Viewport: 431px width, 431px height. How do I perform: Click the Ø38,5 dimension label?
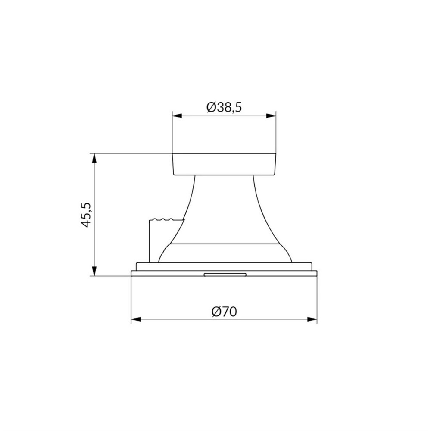tap(224, 107)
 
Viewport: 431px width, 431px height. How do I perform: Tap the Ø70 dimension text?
tap(224, 312)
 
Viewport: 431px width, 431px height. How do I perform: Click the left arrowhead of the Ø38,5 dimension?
tap(177, 116)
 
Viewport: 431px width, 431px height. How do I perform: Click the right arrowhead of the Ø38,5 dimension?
tap(271, 116)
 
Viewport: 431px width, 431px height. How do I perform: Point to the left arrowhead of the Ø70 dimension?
tap(136, 319)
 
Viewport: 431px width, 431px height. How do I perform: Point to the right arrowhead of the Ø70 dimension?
tap(312, 319)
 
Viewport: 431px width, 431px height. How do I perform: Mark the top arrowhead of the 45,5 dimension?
tap(94, 159)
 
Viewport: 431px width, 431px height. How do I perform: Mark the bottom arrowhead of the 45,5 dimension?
tap(94, 271)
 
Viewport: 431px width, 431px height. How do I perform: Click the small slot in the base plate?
tap(225, 274)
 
